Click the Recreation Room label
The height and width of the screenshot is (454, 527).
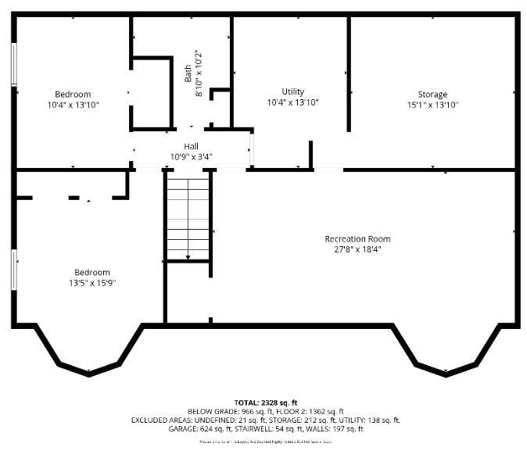[x=357, y=238]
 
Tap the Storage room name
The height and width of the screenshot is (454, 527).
[x=432, y=95]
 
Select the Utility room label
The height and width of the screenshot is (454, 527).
[x=292, y=91]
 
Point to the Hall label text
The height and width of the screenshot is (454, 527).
[x=191, y=146]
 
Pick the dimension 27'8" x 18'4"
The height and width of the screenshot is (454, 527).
[x=357, y=249]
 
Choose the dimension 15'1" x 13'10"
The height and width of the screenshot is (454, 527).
[x=432, y=105]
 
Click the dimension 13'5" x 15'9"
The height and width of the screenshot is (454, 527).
[x=91, y=283]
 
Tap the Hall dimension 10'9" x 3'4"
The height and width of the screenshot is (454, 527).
[x=191, y=156]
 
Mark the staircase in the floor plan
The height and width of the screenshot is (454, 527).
[x=188, y=217]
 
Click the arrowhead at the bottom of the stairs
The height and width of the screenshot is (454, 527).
[x=188, y=256]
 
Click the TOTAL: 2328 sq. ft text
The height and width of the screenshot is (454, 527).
[x=266, y=402]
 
